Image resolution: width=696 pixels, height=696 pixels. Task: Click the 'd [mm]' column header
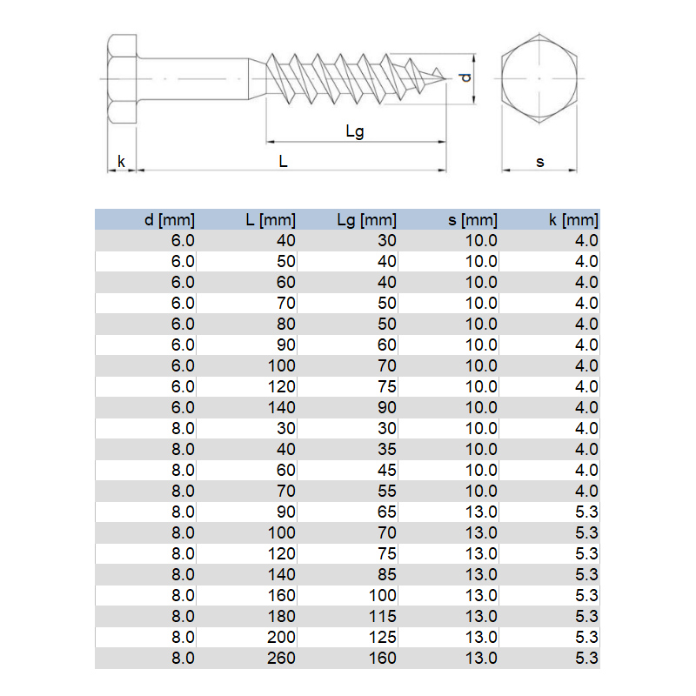(170, 220)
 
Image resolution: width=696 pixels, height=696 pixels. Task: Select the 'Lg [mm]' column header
(366, 220)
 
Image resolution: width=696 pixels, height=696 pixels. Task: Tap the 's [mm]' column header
(472, 220)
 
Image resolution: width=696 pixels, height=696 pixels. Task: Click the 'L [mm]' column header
(271, 220)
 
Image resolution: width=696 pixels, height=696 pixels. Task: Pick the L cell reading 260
(281, 658)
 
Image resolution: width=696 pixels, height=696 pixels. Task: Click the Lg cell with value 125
(383, 637)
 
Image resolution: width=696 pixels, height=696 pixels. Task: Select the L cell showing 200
(281, 637)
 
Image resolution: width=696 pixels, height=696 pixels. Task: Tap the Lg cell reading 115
(383, 616)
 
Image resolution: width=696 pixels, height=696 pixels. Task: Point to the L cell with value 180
(282, 616)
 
